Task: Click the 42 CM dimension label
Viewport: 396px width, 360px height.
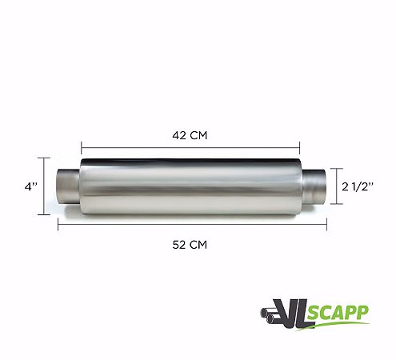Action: pyautogui.click(x=190, y=135)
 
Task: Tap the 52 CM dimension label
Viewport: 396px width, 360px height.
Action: pyautogui.click(x=190, y=245)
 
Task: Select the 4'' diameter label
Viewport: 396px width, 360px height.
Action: pyautogui.click(x=31, y=186)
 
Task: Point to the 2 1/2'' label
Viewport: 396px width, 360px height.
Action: pyautogui.click(x=358, y=186)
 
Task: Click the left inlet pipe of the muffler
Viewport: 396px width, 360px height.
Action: pyautogui.click(x=68, y=186)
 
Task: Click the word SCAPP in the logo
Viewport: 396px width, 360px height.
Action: pyautogui.click(x=338, y=313)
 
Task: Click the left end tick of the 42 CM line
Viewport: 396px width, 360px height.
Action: pyautogui.click(x=82, y=147)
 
